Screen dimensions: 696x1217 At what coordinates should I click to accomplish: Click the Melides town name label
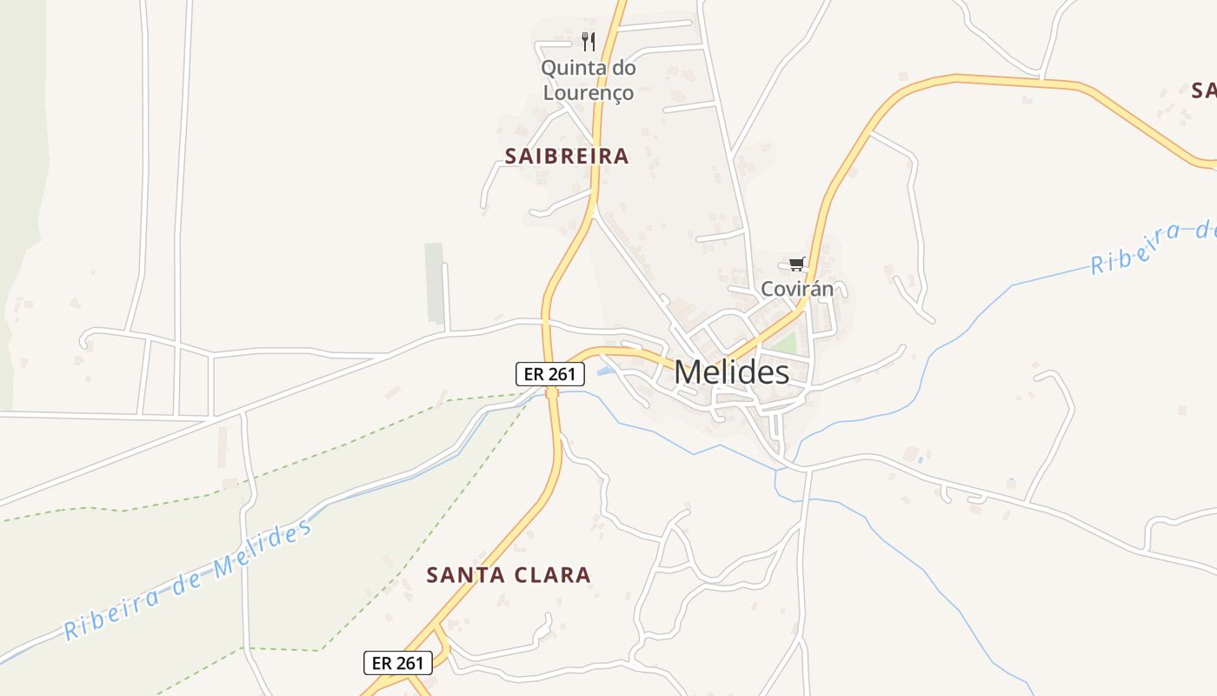731,372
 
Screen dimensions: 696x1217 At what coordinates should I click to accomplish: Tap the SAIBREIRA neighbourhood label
567,157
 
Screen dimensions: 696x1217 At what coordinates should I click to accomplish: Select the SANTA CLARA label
509,575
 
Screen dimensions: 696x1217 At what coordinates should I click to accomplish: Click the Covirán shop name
797,288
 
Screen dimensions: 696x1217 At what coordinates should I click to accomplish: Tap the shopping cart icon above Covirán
797,264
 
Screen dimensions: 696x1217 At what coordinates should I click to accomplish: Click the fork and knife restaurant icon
589,41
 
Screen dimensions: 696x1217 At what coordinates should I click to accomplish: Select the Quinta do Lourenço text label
589,79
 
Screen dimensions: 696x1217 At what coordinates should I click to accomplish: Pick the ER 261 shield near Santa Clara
397,663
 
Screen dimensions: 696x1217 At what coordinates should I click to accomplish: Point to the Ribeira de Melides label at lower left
187,579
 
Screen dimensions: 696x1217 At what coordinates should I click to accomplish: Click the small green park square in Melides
784,345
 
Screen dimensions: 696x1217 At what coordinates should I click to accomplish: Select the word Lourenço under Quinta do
589,91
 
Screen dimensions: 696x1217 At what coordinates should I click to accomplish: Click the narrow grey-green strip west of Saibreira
434,284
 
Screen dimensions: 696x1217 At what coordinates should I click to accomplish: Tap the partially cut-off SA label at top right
1203,90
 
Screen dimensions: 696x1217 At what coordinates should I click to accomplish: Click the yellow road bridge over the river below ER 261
552,393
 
